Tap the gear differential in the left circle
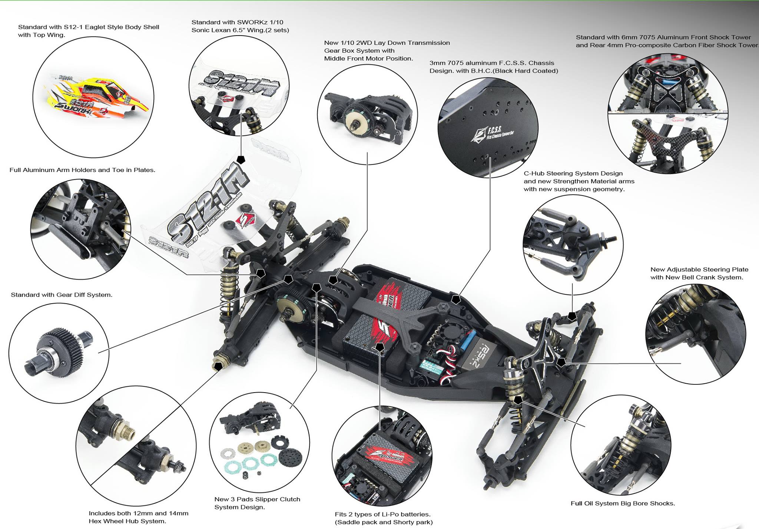[59, 350]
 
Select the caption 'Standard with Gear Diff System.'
[62, 295]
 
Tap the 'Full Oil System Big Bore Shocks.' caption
[623, 503]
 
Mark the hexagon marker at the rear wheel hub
[218, 366]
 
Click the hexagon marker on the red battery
[380, 347]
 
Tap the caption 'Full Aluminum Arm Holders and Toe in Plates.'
[82, 170]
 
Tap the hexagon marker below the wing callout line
[241, 160]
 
